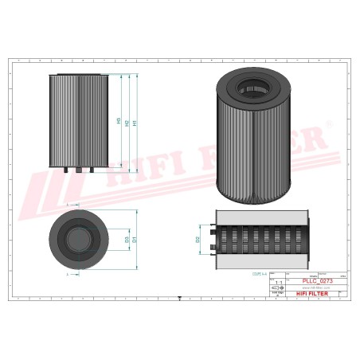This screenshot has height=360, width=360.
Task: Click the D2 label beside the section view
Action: [197, 238]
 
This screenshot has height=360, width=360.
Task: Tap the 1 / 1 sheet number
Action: [278, 283]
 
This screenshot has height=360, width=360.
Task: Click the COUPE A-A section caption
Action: [260, 272]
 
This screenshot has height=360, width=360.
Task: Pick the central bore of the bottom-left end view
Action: [78, 239]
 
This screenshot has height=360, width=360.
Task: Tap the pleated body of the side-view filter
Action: [78, 119]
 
